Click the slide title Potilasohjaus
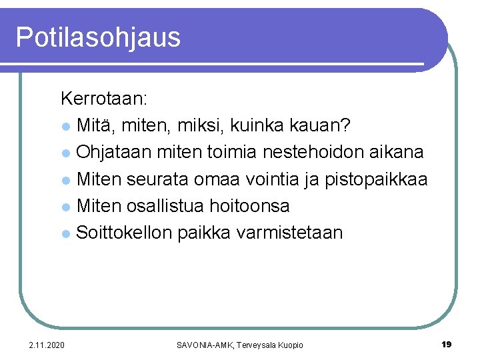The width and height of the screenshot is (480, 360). coord(98,37)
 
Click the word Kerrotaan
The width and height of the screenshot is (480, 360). coord(104,99)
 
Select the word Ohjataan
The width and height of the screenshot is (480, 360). coord(114,152)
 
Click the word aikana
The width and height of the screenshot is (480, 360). coord(399,152)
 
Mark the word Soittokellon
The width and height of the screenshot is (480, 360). coord(124,232)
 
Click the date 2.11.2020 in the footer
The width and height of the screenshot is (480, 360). coord(47,345)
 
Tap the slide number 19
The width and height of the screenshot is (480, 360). coord(447,344)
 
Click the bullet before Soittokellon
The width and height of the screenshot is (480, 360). coord(65,233)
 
